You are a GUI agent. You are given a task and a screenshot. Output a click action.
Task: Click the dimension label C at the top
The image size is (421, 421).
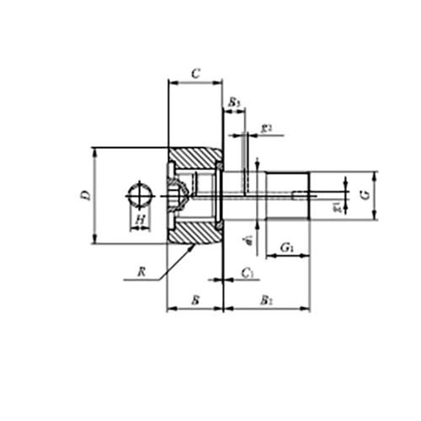(x=195, y=73)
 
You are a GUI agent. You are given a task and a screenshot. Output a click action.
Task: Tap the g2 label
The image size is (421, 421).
(x=266, y=128)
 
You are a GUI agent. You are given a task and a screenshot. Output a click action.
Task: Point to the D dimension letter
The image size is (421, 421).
(x=86, y=195)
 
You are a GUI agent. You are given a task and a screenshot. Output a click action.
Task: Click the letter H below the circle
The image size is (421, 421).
(x=141, y=220)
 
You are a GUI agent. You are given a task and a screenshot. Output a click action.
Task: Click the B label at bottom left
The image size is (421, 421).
(x=195, y=299)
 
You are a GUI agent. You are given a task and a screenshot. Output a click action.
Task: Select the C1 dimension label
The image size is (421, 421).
(x=247, y=273)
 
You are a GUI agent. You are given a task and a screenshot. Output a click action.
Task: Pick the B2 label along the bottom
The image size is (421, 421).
(x=266, y=299)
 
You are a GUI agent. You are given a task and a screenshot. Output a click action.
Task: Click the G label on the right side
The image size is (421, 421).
(x=364, y=195)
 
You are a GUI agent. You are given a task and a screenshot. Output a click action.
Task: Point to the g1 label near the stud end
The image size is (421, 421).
(x=338, y=205)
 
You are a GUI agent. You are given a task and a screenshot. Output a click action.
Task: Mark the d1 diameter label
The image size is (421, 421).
(x=248, y=241)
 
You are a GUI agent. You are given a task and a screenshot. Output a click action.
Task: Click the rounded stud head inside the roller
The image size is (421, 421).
(x=176, y=195)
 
